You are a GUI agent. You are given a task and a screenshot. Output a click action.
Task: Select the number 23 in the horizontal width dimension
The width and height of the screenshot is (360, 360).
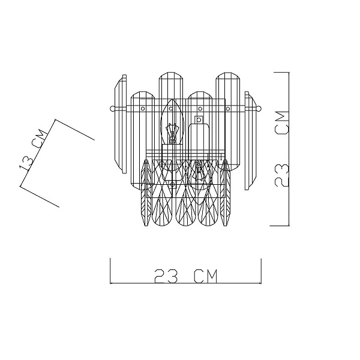point(166,276)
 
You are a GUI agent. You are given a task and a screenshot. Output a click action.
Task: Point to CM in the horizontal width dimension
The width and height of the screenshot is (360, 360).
point(206,276)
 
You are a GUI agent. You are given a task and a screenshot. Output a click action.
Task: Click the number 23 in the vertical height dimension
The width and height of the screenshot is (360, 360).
point(281,175)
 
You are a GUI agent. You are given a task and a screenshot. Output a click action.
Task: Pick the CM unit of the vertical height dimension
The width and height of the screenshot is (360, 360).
point(281,122)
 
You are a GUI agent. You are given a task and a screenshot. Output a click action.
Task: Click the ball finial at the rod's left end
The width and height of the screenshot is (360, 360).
point(112,109)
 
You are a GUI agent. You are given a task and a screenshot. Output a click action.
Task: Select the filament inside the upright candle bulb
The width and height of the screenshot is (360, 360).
point(172,134)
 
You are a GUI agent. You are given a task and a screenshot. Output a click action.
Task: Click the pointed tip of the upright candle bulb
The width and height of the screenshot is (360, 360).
point(172,100)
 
